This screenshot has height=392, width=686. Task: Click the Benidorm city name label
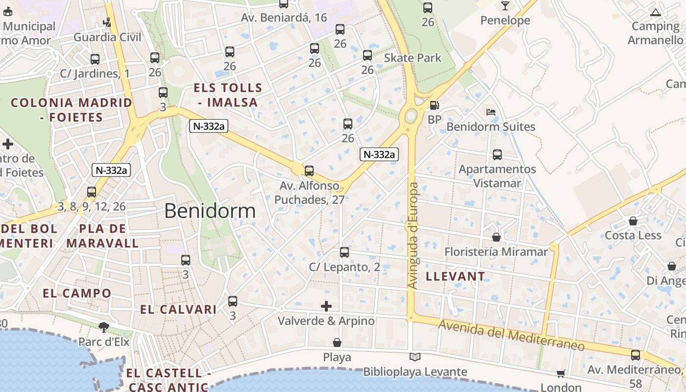point(210,211)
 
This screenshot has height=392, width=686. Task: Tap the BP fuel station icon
point(434,105)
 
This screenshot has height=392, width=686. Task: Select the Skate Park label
point(413,58)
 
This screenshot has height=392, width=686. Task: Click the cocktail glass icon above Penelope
point(505,6)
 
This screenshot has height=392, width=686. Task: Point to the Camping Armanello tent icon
point(655,12)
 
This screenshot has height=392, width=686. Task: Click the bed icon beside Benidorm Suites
point(491,112)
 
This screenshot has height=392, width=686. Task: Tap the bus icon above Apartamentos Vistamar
point(497,155)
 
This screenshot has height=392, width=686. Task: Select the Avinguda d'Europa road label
point(413,235)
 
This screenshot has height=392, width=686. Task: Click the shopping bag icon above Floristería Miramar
point(496,237)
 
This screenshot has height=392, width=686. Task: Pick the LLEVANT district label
point(455,276)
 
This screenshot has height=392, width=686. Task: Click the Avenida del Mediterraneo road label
point(512,335)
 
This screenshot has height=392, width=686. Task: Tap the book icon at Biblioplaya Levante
point(415,357)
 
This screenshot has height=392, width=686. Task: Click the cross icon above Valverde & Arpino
point(326,306)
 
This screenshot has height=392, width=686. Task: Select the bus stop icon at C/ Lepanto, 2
point(344,252)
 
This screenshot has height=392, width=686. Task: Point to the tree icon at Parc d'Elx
point(104,326)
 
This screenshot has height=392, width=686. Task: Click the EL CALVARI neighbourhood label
point(178,310)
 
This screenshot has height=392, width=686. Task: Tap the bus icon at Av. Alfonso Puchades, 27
point(309,171)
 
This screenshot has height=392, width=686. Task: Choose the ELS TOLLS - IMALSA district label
point(228,95)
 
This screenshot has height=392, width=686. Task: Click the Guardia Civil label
point(107,37)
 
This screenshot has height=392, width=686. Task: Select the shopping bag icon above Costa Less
point(633,221)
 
